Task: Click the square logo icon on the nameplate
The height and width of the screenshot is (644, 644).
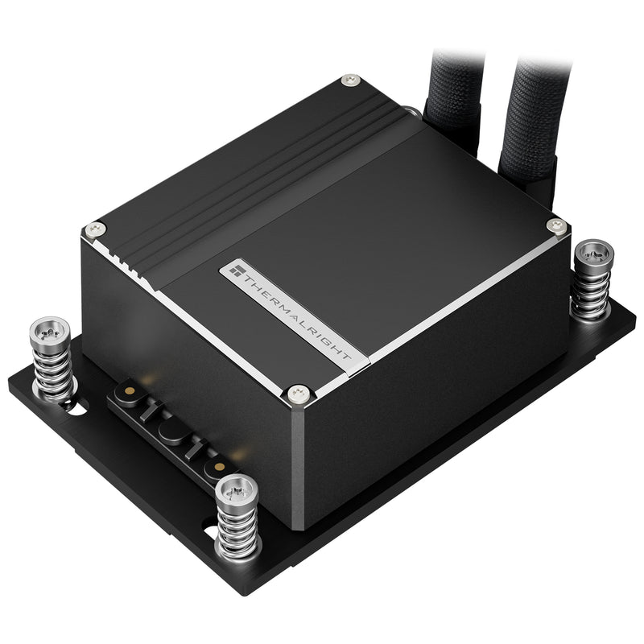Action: (236, 271)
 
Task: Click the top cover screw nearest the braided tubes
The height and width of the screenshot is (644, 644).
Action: (348, 80)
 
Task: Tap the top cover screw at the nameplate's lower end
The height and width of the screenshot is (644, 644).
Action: (299, 392)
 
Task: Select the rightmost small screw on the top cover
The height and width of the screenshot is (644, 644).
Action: (553, 226)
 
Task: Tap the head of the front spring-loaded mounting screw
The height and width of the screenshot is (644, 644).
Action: (235, 486)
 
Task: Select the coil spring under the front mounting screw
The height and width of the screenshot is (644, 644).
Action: (238, 527)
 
